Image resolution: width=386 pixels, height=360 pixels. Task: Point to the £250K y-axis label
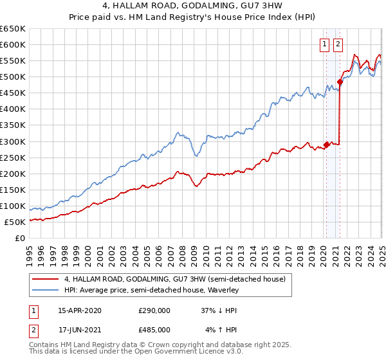pos(14,157)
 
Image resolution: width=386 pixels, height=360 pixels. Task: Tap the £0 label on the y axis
pos(21,239)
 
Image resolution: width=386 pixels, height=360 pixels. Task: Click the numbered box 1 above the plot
pos(326,44)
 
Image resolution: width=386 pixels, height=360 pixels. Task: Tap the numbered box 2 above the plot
pos(338,44)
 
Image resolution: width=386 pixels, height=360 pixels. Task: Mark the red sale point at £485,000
pos(340,82)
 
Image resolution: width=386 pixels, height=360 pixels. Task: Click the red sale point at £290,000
pos(326,144)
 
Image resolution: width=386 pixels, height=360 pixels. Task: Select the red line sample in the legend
pos(45,279)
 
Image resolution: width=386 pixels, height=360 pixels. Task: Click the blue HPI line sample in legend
pos(45,290)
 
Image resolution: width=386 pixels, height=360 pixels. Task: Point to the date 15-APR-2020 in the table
pos(80,310)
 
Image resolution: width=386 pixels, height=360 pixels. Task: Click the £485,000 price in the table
pos(154,329)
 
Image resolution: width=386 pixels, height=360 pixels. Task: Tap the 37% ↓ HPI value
pos(219,310)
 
